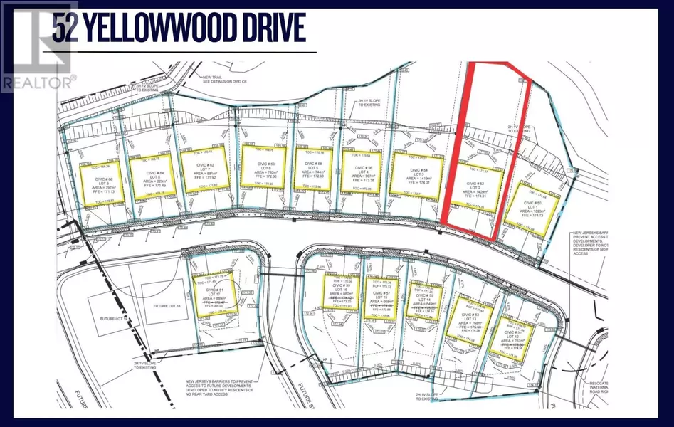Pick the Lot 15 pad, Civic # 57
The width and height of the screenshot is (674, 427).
[x=378, y=297]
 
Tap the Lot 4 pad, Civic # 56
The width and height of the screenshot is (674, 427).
[x=363, y=171]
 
